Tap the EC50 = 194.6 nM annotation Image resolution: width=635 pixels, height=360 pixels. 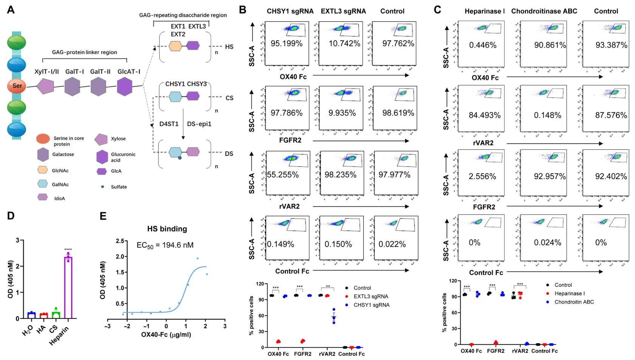coord(165,245)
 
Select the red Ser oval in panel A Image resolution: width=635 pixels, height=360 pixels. coord(17,86)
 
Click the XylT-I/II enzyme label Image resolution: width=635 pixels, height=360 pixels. coord(46,71)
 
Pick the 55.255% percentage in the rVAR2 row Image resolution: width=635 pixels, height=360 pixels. coord(283,175)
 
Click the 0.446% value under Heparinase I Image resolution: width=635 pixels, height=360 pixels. coord(483,45)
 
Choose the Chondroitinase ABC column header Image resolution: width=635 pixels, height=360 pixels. coord(544,11)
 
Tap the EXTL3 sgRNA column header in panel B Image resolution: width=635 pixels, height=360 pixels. coord(343,11)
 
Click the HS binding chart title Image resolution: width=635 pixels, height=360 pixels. coord(167,229)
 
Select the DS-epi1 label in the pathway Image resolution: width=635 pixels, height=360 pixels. coord(199,124)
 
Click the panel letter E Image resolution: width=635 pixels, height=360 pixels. coord(103,216)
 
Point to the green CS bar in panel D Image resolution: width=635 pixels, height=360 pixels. coord(56,315)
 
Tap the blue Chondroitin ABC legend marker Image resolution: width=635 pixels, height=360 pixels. coord(547,302)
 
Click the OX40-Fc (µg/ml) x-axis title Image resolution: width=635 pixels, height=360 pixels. coord(166,335)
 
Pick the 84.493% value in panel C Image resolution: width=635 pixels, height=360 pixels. coord(485,115)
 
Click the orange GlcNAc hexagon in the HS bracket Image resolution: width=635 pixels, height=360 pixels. coord(176,46)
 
